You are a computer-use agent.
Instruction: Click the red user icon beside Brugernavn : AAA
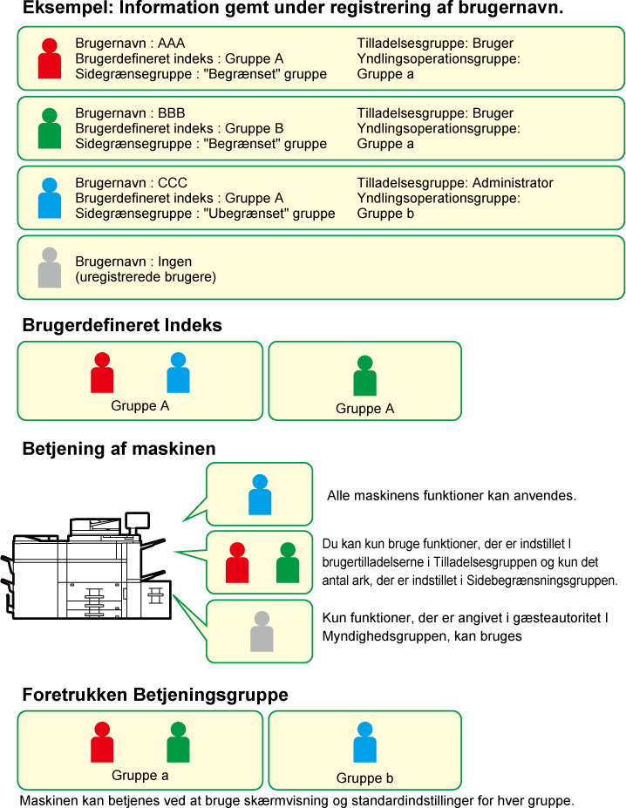pyautogui.click(x=50, y=58)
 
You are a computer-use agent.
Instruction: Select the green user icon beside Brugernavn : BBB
pyautogui.click(x=50, y=128)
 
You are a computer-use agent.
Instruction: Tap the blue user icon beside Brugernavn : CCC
pyautogui.click(x=50, y=198)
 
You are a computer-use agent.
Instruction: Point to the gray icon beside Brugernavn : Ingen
pyautogui.click(x=50, y=268)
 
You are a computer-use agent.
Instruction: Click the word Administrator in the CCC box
pyautogui.click(x=513, y=183)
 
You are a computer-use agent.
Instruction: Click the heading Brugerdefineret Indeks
pyautogui.click(x=122, y=325)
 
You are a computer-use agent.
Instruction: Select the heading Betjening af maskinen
pyautogui.click(x=119, y=449)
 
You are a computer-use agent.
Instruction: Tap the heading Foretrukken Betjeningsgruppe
pyautogui.click(x=155, y=695)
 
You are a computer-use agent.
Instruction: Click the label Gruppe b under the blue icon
pyautogui.click(x=364, y=777)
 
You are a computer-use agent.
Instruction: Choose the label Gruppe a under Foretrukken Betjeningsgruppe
pyautogui.click(x=139, y=775)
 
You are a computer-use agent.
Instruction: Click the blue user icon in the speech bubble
pyautogui.click(x=260, y=495)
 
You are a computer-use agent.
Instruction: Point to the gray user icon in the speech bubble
pyautogui.click(x=262, y=631)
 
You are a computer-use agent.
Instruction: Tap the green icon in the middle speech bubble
pyautogui.click(x=288, y=563)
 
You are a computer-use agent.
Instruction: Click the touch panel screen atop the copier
pyautogui.click(x=137, y=520)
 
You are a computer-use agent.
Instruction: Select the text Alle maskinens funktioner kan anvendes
pyautogui.click(x=452, y=496)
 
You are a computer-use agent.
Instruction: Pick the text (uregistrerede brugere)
pyautogui.click(x=146, y=277)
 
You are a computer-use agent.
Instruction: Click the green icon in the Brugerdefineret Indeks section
pyautogui.click(x=364, y=376)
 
